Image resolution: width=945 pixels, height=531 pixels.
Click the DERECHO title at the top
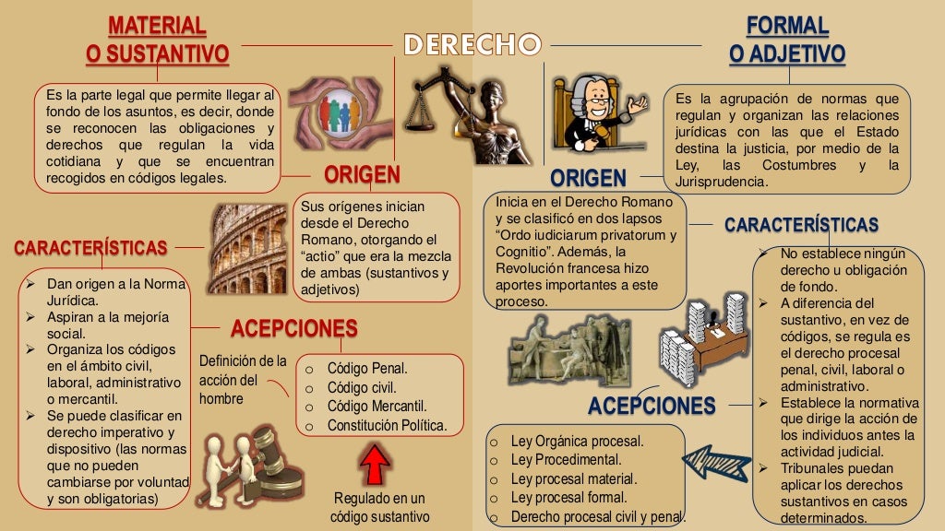pyautogui.click(x=472, y=44)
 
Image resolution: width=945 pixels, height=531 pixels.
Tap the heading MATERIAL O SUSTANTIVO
pyautogui.click(x=157, y=40)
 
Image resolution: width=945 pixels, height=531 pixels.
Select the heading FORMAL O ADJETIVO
pyautogui.click(x=786, y=40)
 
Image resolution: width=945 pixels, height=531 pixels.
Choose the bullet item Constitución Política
pyautogui.click(x=387, y=425)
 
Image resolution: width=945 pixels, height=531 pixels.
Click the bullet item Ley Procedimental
pyautogui.click(x=566, y=459)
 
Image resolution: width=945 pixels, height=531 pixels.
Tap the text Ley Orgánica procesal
pyautogui.click(x=577, y=441)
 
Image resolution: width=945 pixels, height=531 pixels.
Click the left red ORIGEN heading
pyautogui.click(x=362, y=175)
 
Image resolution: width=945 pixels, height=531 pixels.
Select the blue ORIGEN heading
pyautogui.click(x=589, y=178)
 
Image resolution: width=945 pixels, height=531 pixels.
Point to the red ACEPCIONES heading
pyautogui.click(x=293, y=328)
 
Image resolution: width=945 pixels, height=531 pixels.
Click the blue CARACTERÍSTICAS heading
pyautogui.click(x=801, y=225)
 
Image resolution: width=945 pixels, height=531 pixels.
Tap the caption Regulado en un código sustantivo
pyautogui.click(x=379, y=508)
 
